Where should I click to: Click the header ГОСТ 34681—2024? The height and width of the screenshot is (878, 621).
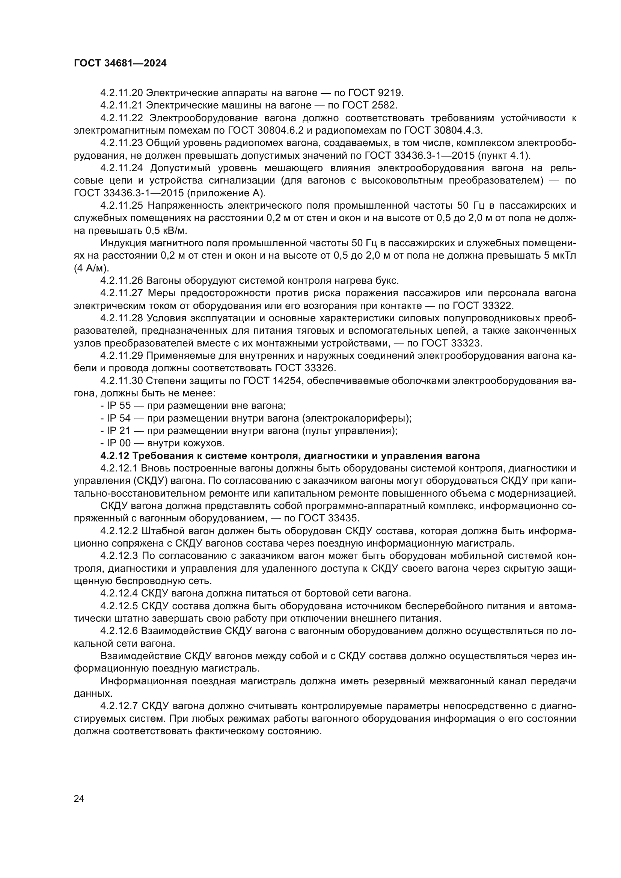(x=120, y=63)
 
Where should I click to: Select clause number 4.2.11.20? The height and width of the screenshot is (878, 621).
(x=122, y=93)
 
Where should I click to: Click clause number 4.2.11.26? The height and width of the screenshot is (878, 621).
(x=122, y=281)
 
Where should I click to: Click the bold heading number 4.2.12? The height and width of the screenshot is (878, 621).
(x=115, y=456)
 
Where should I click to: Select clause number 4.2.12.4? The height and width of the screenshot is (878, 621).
(x=119, y=593)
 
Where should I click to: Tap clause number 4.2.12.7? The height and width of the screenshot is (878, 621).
(x=119, y=706)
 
